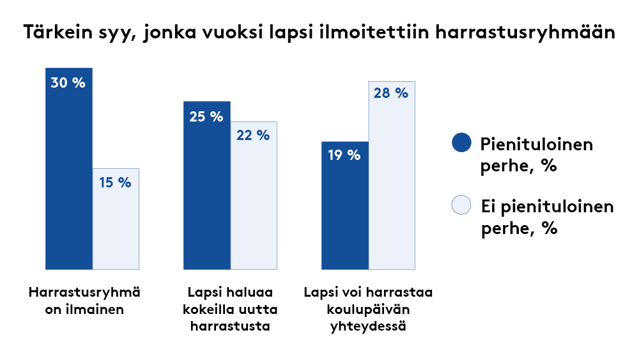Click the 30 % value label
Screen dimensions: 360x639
point(68,83)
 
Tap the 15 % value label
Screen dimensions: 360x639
point(115,183)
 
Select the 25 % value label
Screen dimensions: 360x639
point(206,117)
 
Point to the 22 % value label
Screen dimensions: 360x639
point(253,136)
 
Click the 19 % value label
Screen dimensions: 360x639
point(344,155)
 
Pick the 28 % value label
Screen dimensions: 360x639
point(391,93)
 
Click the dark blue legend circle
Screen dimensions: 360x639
point(461,143)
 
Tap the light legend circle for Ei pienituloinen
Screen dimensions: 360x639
point(461,205)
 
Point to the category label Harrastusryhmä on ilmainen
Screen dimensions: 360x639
point(85,301)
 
